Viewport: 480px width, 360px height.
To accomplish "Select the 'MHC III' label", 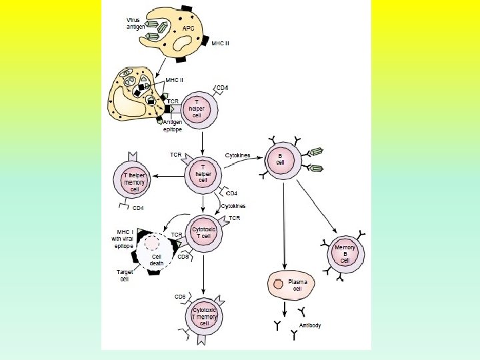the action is click(x=221, y=43).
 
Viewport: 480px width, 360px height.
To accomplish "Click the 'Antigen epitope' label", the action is click(x=173, y=126).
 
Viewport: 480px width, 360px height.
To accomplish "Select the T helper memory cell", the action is click(x=134, y=182).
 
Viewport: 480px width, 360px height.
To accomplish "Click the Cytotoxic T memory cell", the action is click(x=205, y=317).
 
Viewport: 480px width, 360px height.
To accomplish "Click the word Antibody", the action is click(x=310, y=325).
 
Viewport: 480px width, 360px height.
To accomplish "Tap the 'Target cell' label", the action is click(x=124, y=275).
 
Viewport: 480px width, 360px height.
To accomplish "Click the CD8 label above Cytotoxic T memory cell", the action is click(x=180, y=296).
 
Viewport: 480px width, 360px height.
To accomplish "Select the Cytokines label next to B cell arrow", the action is click(x=237, y=155).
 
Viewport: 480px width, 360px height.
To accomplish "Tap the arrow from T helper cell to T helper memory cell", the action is click(x=169, y=175).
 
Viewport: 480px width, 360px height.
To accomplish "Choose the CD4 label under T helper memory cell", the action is click(x=139, y=208).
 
